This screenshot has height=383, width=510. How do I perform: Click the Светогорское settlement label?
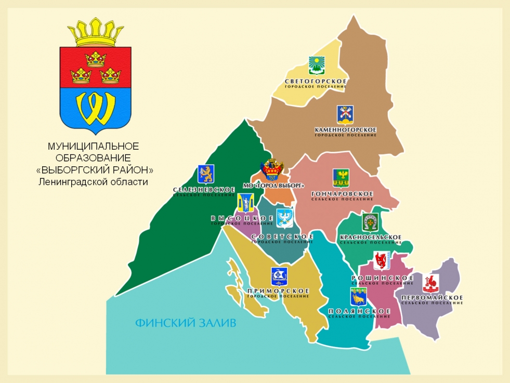click(x=316, y=82)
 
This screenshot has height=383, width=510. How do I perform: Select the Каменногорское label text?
click(x=345, y=129)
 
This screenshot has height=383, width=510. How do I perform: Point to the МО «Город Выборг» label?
click(x=273, y=186)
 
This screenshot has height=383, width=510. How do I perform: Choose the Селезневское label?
click(x=204, y=190)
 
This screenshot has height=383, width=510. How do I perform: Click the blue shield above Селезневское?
click(x=206, y=174)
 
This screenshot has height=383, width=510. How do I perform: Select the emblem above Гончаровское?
click(x=341, y=178)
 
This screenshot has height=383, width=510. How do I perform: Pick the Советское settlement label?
click(x=282, y=237)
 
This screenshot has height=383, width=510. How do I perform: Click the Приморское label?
click(x=279, y=291)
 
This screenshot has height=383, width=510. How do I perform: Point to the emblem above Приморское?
click(x=279, y=276)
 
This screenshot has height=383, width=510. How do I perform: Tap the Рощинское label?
click(x=383, y=278)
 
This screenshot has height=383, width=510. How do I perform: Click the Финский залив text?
click(x=186, y=323)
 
